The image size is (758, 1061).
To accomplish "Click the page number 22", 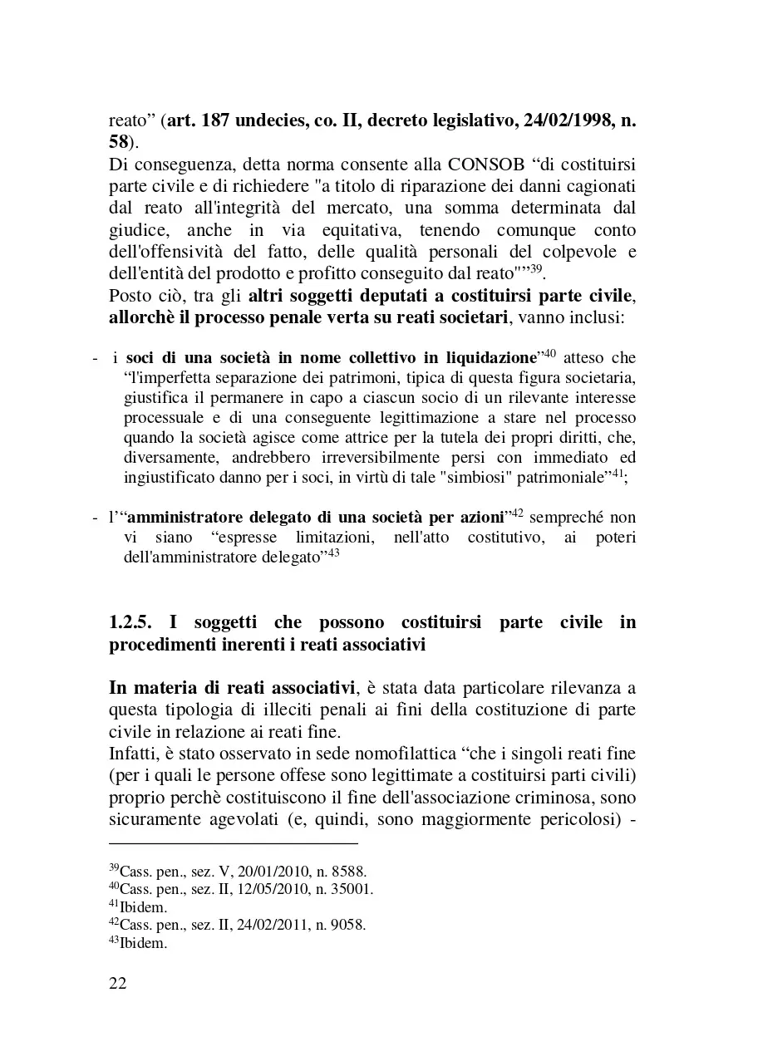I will (118, 984).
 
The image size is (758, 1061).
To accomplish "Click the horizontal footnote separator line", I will (234, 843).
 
